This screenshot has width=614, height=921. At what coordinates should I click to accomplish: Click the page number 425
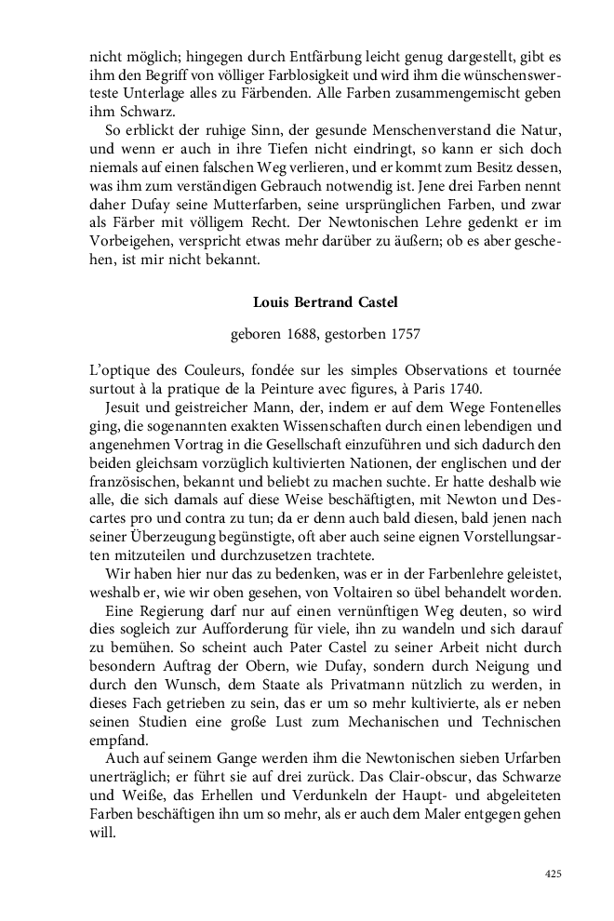553,874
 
